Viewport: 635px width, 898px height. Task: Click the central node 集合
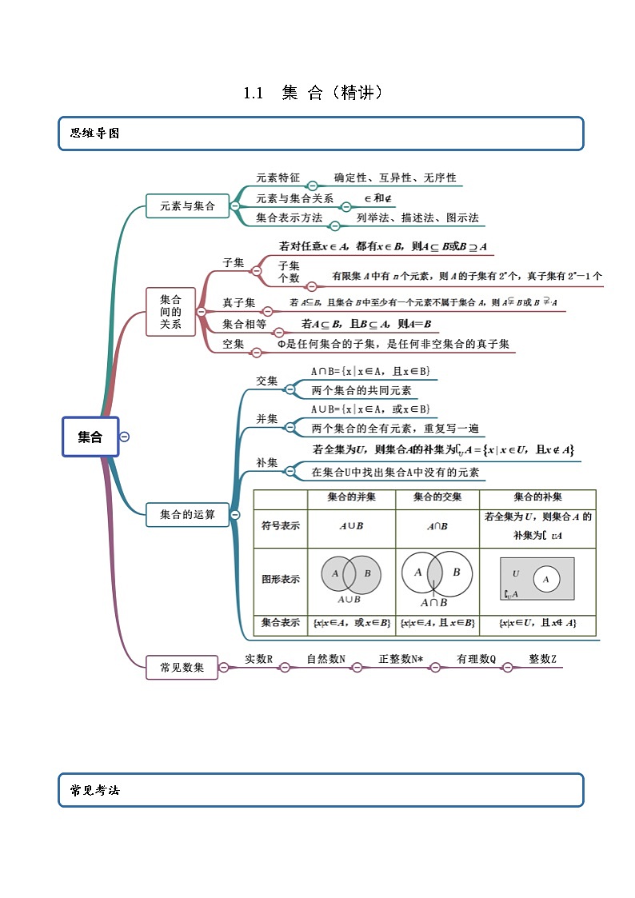click(x=90, y=437)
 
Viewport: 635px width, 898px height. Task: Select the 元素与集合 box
click(x=187, y=206)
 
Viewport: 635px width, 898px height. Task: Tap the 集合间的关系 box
click(x=170, y=312)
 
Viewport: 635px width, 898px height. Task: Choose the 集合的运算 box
click(x=187, y=515)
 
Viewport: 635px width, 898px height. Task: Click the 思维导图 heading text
click(x=95, y=134)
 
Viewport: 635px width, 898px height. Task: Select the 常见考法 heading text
click(x=95, y=790)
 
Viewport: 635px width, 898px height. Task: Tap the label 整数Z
click(x=542, y=660)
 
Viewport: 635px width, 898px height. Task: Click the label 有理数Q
click(x=477, y=660)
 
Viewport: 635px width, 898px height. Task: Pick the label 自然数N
click(x=325, y=660)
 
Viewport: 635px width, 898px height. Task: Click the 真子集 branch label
click(x=238, y=302)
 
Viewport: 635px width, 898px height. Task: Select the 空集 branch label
click(x=233, y=344)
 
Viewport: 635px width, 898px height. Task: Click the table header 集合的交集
click(x=437, y=497)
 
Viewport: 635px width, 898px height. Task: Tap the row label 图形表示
click(x=280, y=579)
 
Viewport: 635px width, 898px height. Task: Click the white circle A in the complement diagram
click(x=546, y=579)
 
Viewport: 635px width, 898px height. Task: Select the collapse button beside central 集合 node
click(x=124, y=437)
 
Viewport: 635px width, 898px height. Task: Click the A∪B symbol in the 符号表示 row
click(x=351, y=526)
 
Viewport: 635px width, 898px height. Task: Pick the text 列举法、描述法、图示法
click(x=417, y=218)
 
